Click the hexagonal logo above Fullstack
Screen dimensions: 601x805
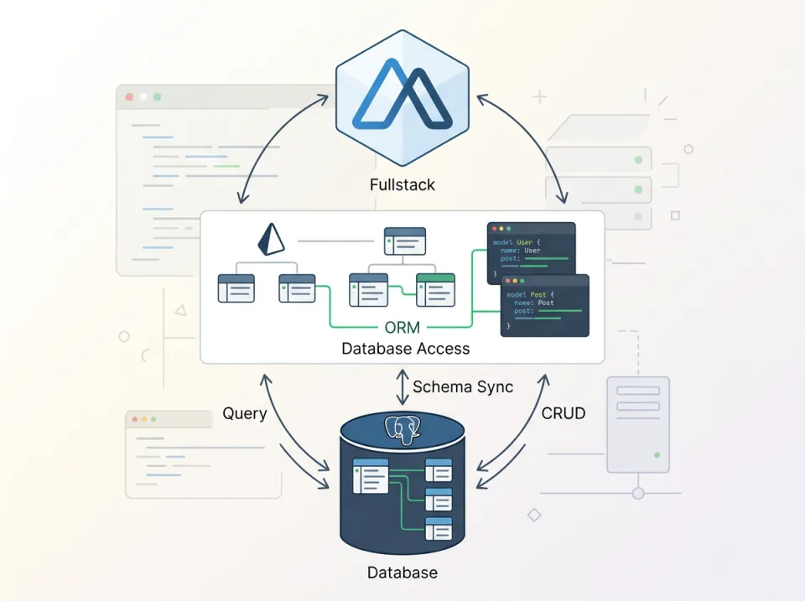(402, 100)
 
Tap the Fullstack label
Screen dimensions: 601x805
(402, 184)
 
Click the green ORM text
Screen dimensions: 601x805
(402, 329)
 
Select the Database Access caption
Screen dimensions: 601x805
(405, 349)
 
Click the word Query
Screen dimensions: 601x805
(245, 413)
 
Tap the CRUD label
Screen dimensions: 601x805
(563, 413)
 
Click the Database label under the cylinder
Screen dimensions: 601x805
(402, 573)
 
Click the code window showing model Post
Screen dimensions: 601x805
(545, 305)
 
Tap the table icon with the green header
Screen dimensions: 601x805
(435, 289)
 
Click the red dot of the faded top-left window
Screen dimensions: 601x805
(129, 97)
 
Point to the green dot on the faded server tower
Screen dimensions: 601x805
(656, 455)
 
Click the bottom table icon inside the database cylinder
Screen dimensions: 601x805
(439, 528)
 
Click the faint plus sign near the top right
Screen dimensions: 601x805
(539, 97)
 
